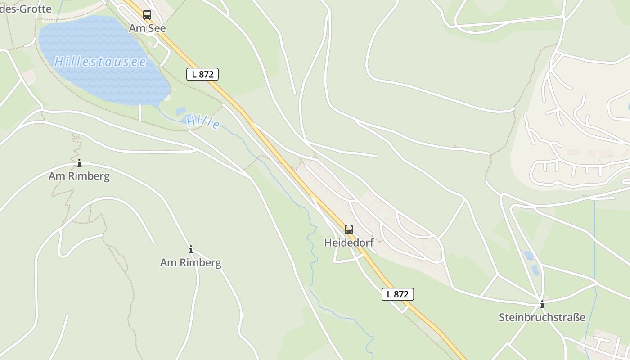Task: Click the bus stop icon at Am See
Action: pos(147,14)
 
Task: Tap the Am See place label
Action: pos(147,28)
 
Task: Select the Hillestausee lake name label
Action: pos(100,62)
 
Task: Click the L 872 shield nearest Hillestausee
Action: pos(202,74)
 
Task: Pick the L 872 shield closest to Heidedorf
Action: pos(398,294)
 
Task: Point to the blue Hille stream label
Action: pos(203,121)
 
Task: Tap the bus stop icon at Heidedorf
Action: pos(349,229)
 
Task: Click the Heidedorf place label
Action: pos(349,243)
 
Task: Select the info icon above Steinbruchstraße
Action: pos(542,304)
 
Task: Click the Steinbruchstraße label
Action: pos(542,317)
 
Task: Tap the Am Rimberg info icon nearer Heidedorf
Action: pos(191,249)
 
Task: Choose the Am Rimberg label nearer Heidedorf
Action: pos(191,262)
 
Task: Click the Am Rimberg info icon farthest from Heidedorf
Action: pos(79,163)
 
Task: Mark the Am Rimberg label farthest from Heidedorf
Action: pos(79,176)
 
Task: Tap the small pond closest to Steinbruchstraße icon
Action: pos(535,270)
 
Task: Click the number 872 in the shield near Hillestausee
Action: pos(206,74)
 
